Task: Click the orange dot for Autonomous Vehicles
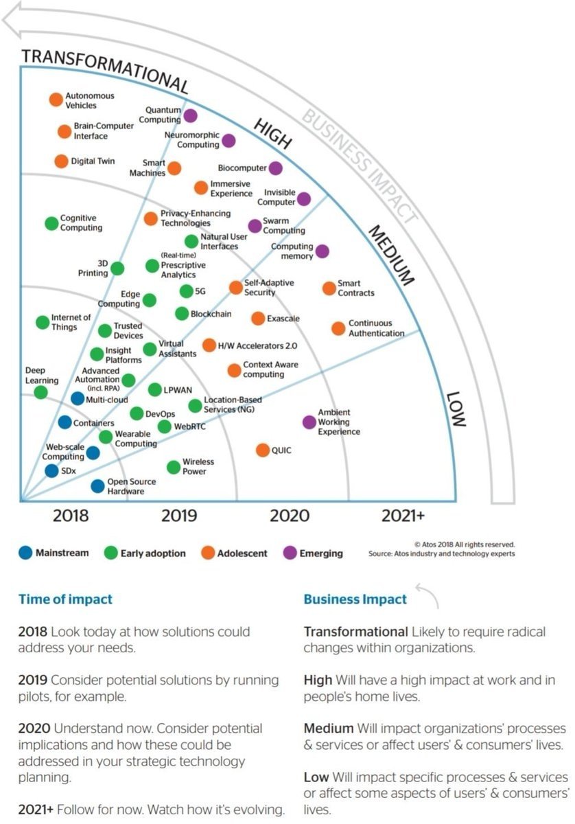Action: (x=56, y=100)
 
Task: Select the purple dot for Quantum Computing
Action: (x=190, y=115)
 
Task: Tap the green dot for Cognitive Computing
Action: (x=51, y=223)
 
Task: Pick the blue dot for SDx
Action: (x=51, y=471)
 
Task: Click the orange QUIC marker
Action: (x=262, y=450)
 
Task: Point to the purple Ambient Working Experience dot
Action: (x=309, y=422)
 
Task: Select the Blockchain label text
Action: (x=210, y=314)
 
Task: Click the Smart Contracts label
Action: (x=356, y=288)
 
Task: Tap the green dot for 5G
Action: (x=186, y=291)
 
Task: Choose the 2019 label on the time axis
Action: (x=179, y=516)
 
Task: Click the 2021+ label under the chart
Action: (x=403, y=516)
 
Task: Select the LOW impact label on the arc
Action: (x=456, y=409)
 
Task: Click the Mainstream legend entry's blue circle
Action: (x=25, y=553)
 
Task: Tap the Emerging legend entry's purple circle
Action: (x=290, y=553)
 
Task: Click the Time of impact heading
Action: (x=65, y=599)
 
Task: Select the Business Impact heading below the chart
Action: (x=355, y=599)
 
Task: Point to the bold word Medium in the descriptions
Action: (x=329, y=728)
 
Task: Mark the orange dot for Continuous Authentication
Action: (x=338, y=328)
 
